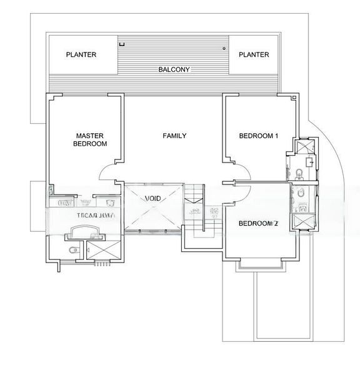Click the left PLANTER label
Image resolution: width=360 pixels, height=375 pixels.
tap(81, 55)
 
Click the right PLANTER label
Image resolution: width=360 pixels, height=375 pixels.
tap(254, 55)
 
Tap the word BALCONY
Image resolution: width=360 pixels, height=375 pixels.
tap(174, 69)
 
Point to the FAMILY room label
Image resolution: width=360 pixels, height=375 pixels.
tap(174, 136)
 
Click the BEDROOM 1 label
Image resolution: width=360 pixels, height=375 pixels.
tap(259, 136)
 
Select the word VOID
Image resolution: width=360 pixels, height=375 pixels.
tap(153, 198)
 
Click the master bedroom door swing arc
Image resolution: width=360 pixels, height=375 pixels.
tap(107, 169)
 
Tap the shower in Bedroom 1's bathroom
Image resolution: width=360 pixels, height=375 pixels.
tap(305, 147)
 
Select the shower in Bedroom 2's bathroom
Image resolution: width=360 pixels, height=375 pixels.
tap(305, 222)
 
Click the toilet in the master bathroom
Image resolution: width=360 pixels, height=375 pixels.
tap(73, 251)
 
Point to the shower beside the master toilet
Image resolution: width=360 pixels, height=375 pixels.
tap(97, 252)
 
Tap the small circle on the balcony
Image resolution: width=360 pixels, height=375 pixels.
tap(222, 47)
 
